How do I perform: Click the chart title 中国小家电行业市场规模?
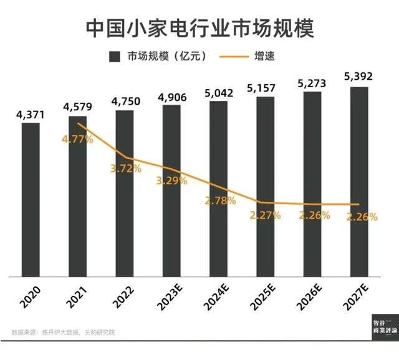point(199,27)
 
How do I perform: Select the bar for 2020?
point(31,199)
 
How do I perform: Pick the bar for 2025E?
point(265,187)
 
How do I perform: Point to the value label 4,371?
point(31,114)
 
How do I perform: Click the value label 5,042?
point(218,93)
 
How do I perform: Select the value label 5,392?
point(360,78)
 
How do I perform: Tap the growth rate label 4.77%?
point(77,140)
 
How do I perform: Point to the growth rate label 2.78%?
point(218,201)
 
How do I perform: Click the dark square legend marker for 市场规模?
point(114,57)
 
